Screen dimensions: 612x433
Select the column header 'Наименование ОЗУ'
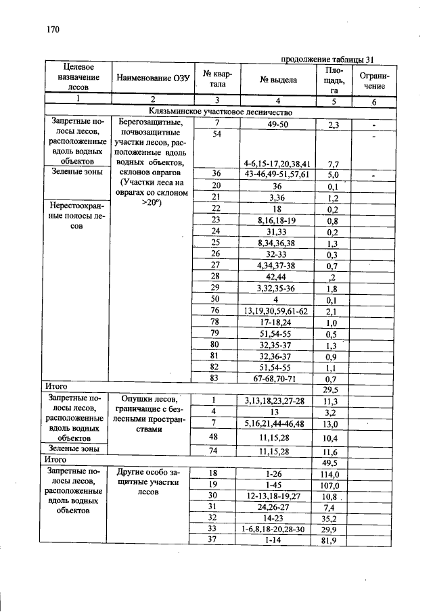point(152,78)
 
